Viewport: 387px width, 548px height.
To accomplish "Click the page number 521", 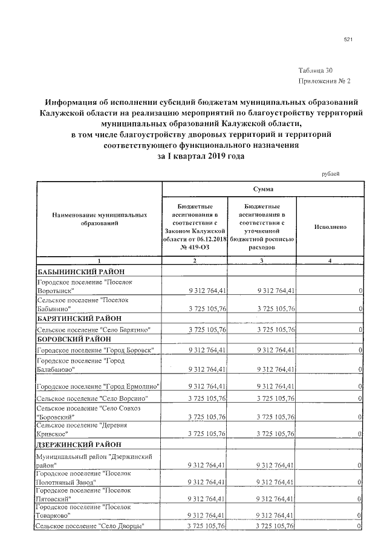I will tap(348, 40).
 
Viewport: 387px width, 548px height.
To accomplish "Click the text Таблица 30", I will tap(315, 70).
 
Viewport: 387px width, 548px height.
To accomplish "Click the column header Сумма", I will tap(262, 190).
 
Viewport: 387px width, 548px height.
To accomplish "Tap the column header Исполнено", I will tap(330, 227).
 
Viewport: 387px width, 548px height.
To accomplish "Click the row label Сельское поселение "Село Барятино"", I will tap(93, 329).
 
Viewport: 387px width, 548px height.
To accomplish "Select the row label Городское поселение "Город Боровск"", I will tap(95, 351).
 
